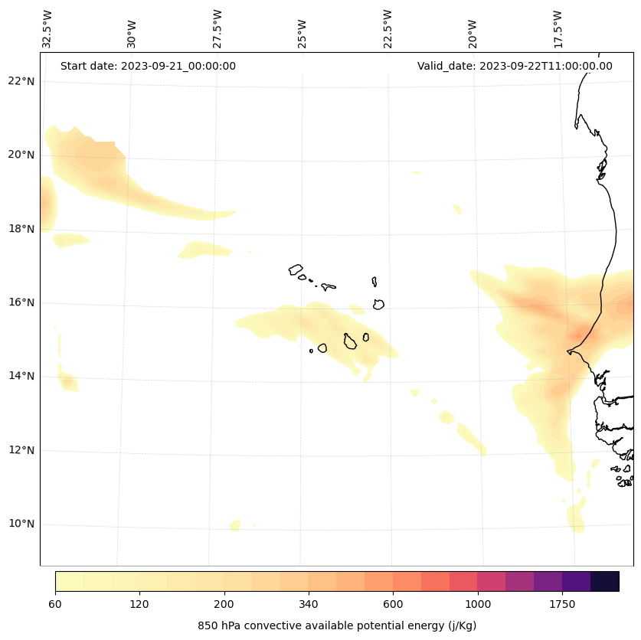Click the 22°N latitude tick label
(x=21, y=81)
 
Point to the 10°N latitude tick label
(x=21, y=524)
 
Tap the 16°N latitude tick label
(x=21, y=302)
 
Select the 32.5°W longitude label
(x=47, y=29)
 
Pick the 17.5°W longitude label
(x=558, y=29)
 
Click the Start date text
(x=148, y=66)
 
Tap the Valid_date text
(x=515, y=66)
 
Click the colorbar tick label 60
(x=55, y=604)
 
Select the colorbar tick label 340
(x=309, y=604)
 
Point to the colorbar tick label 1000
(x=478, y=604)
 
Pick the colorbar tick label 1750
(x=562, y=604)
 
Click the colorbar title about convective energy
(x=337, y=625)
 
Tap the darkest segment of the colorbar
(x=605, y=581)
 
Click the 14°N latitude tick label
(x=21, y=376)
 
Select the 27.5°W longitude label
(x=217, y=29)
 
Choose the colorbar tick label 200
(x=224, y=604)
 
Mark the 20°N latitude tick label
(x=21, y=155)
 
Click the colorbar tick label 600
(x=393, y=604)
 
